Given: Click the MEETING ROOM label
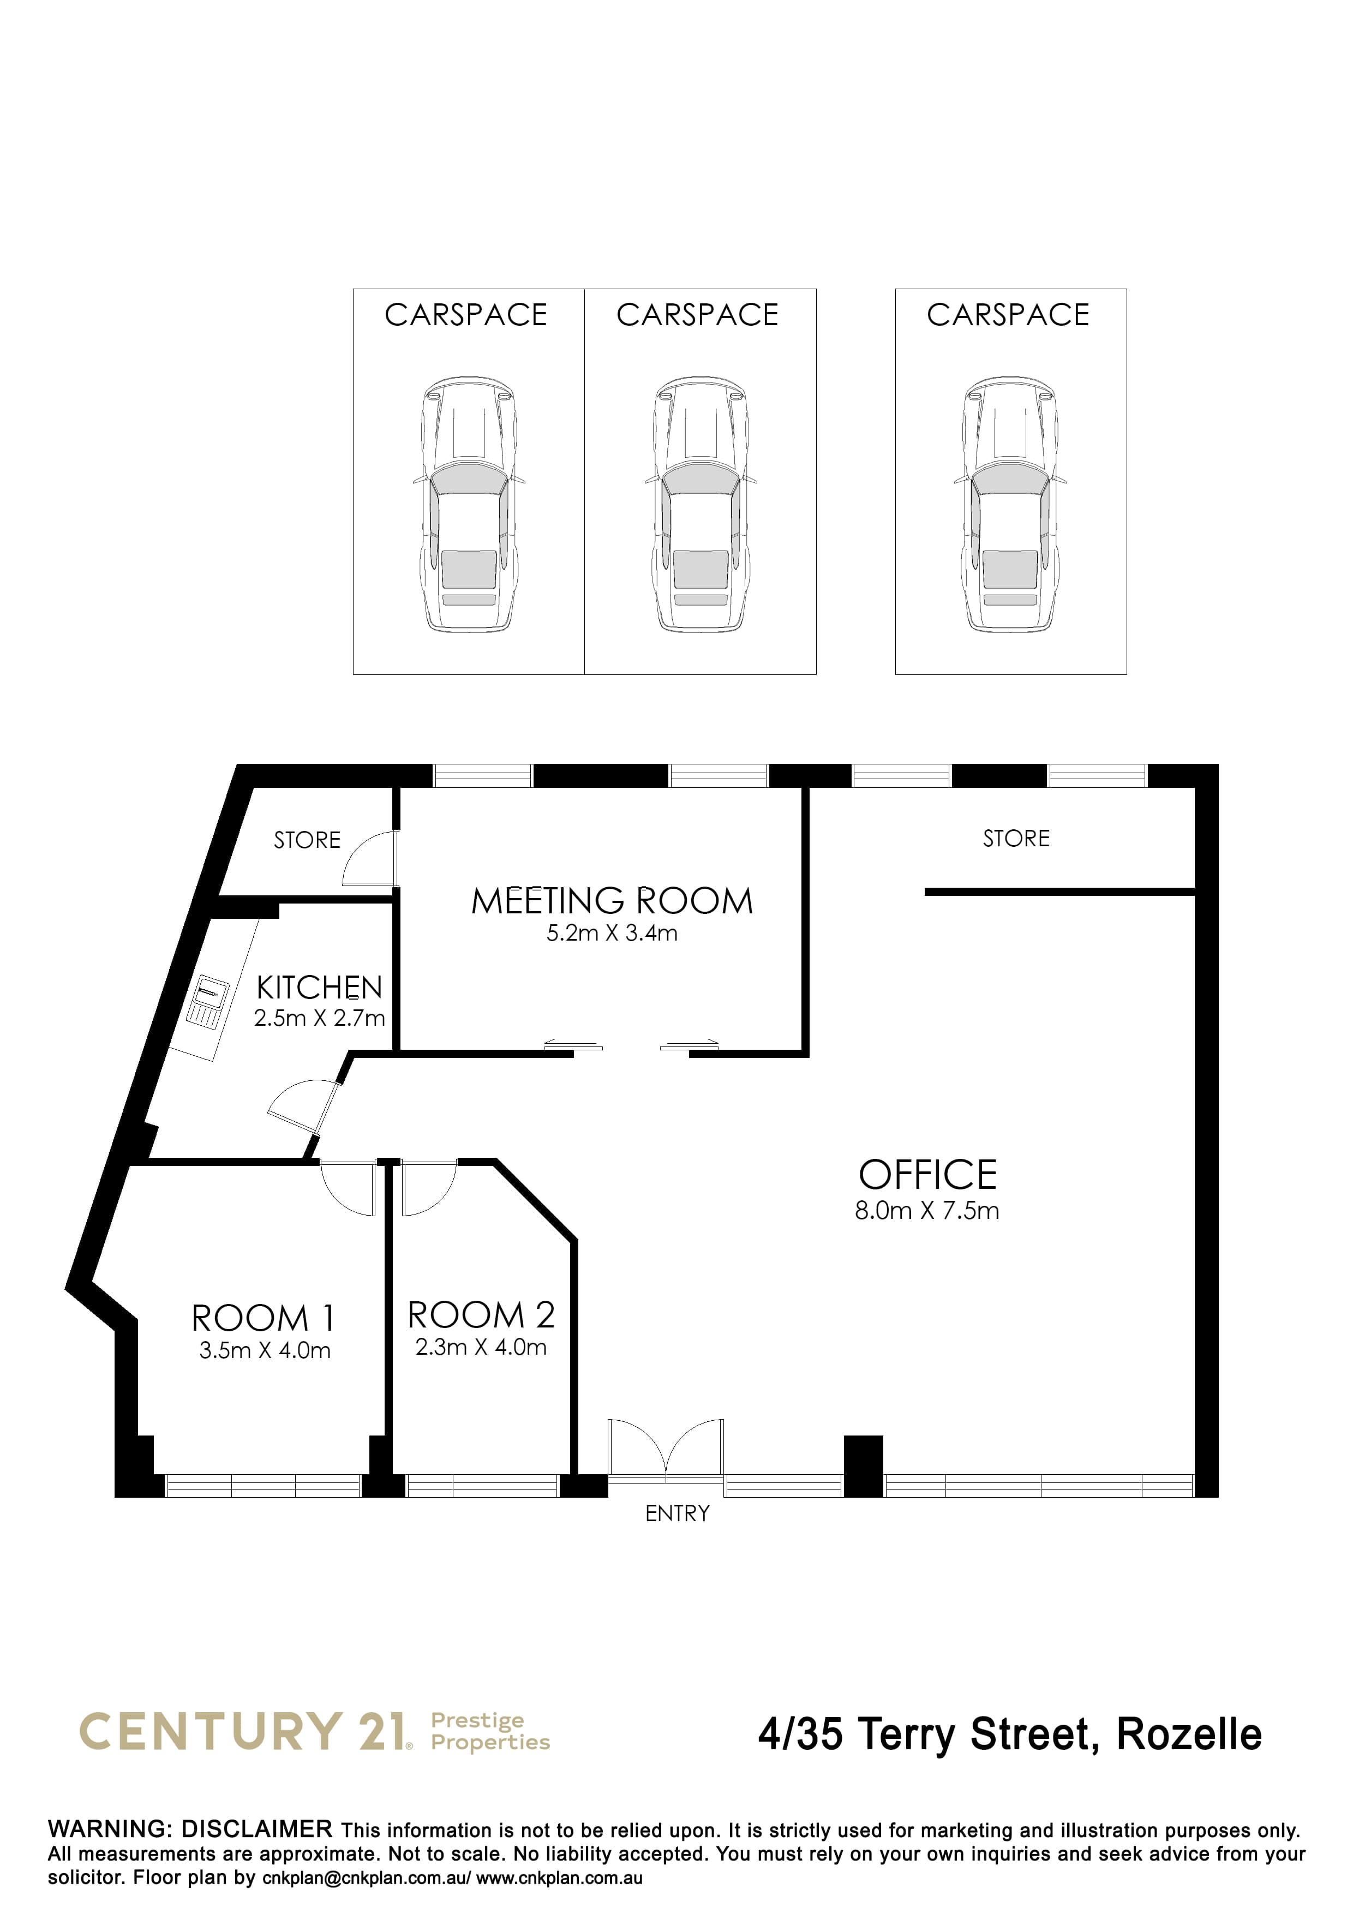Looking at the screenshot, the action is (x=612, y=901).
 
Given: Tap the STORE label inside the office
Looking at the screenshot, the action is (x=1016, y=839).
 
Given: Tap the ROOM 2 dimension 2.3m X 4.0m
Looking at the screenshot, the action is (x=481, y=1347).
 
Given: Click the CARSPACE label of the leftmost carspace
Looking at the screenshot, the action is (x=466, y=315).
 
